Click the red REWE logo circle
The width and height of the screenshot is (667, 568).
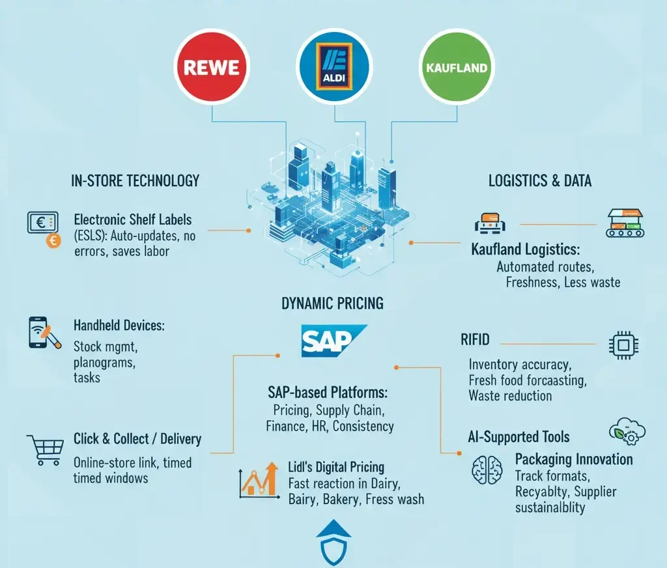(212, 68)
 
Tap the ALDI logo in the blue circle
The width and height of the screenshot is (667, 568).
(333, 67)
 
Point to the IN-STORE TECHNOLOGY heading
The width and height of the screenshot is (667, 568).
(135, 180)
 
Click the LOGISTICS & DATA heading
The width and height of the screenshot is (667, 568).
(540, 180)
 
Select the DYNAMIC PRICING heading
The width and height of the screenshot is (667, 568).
(332, 303)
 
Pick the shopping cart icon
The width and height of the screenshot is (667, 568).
(44, 449)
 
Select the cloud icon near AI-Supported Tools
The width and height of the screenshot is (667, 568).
(626, 431)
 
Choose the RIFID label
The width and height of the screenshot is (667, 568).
(475, 339)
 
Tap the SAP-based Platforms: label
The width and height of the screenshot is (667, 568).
(328, 392)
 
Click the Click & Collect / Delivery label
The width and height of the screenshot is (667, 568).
(137, 438)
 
